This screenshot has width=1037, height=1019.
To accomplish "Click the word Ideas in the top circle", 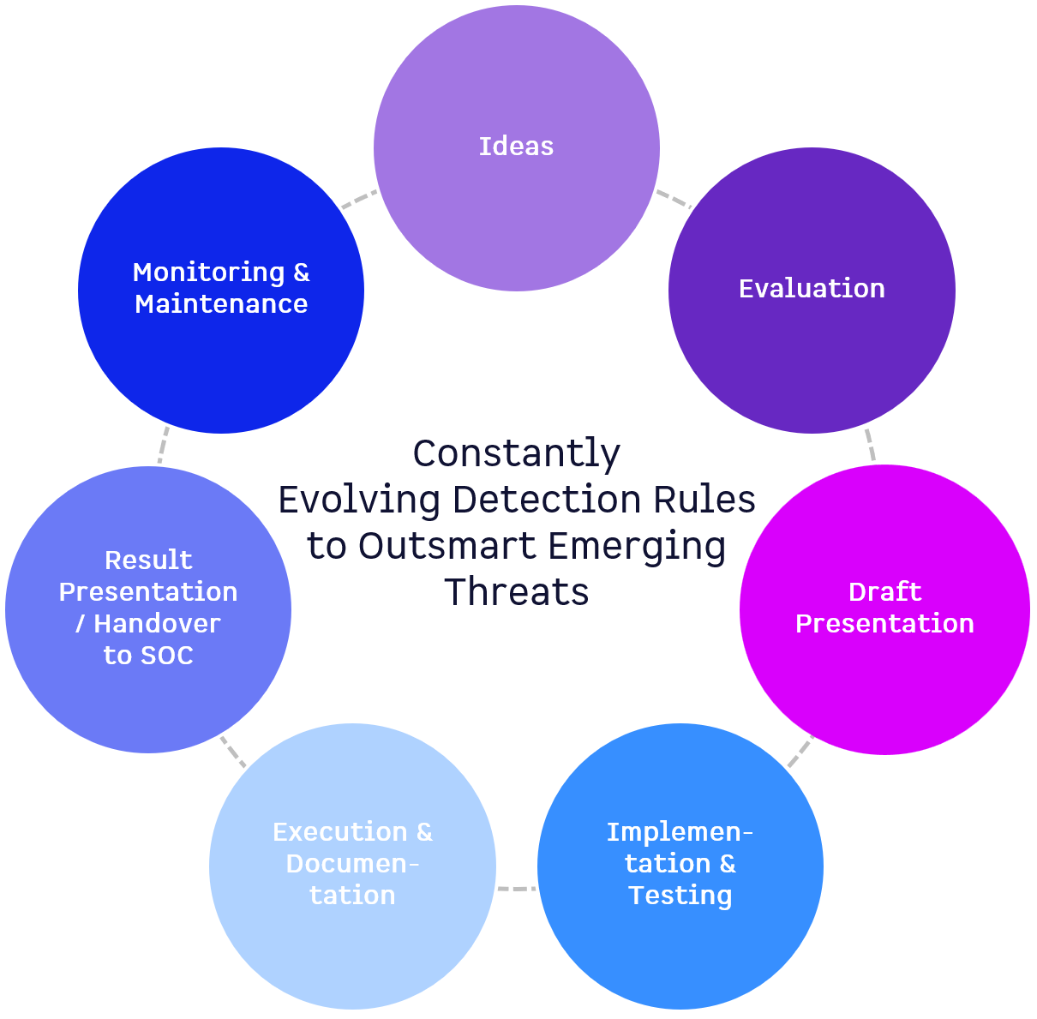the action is (x=516, y=147).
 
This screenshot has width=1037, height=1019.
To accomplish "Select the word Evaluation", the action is (x=812, y=289).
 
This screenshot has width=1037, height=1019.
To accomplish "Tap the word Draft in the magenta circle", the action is (x=884, y=591).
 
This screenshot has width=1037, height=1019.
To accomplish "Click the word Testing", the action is (x=680, y=896).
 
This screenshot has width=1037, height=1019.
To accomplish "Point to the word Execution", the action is (x=340, y=832).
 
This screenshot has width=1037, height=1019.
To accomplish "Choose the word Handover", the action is (x=157, y=624).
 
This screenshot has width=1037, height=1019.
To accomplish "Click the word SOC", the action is (x=167, y=656).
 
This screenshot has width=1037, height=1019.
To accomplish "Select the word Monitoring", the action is (x=209, y=273).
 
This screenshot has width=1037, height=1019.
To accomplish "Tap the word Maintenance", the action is (x=221, y=304).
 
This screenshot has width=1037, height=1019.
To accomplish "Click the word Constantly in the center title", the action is (x=517, y=453).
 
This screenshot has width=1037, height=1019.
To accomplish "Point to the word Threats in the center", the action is (x=517, y=592).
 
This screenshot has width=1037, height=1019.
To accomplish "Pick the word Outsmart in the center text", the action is (x=447, y=546).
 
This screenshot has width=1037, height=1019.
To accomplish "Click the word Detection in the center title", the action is (x=547, y=500).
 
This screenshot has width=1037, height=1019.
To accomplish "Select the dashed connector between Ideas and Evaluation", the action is (x=674, y=199).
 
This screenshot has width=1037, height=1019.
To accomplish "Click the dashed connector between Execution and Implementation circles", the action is (x=517, y=890).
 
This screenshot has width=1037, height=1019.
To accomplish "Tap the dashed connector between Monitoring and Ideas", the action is (x=359, y=199).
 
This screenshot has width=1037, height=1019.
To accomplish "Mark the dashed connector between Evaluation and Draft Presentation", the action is (x=870, y=445).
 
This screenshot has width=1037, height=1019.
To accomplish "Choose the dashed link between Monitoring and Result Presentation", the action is (x=163, y=445).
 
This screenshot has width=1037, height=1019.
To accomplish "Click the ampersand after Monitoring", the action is (x=302, y=273).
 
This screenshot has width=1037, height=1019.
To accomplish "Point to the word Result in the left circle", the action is (x=148, y=560).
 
